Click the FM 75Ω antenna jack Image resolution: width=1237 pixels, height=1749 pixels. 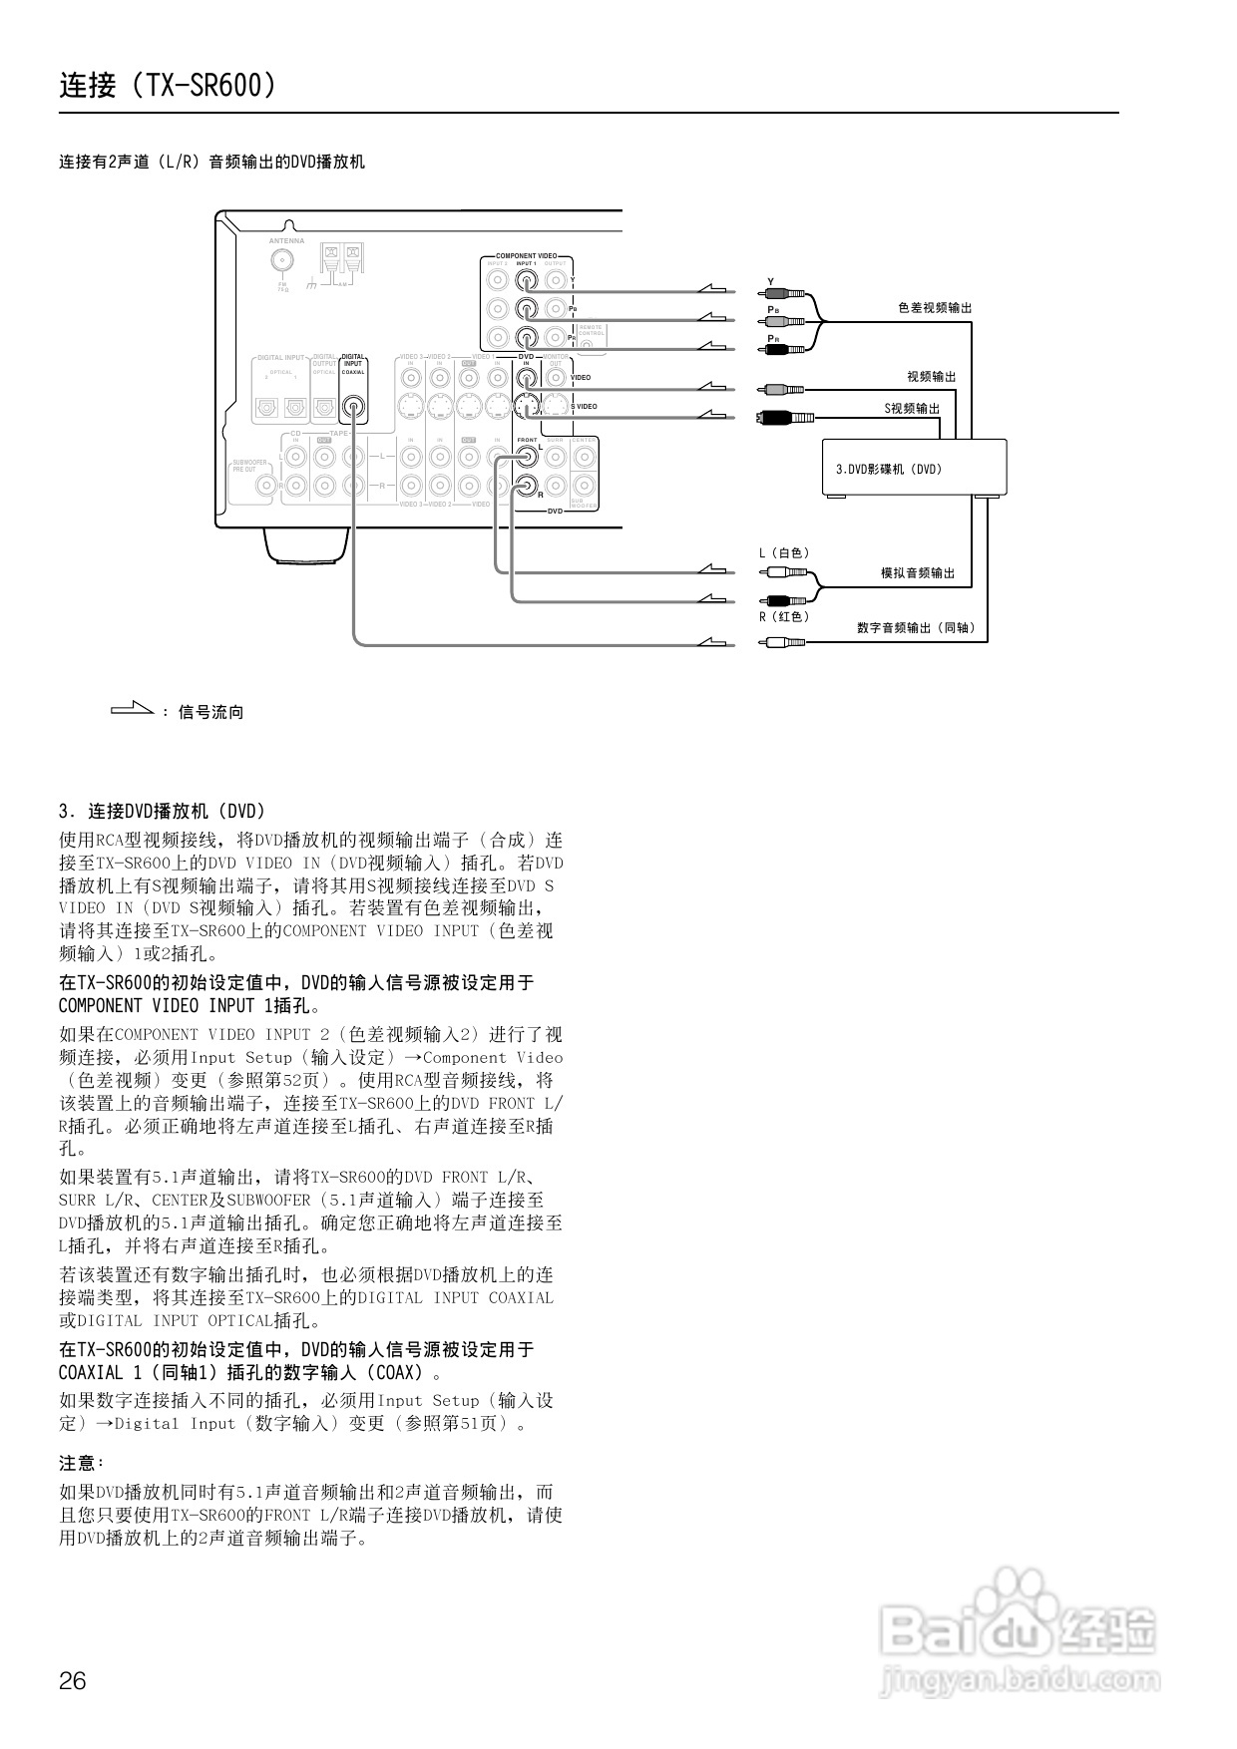(x=283, y=260)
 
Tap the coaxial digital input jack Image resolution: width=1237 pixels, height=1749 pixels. (x=353, y=407)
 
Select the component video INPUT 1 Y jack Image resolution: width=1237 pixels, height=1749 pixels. (x=527, y=280)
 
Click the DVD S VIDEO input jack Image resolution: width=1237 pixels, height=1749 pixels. (x=527, y=406)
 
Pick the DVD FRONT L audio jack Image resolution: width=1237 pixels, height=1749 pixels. (x=527, y=458)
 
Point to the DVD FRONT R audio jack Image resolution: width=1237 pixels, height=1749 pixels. (x=527, y=487)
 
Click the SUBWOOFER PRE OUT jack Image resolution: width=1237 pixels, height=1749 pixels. (x=266, y=486)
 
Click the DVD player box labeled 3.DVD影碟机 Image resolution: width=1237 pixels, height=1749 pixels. (x=914, y=468)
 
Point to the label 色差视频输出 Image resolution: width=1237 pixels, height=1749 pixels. (x=934, y=308)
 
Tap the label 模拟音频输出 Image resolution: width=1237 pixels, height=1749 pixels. (x=917, y=573)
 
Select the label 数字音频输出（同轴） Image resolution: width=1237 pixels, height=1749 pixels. (x=915, y=628)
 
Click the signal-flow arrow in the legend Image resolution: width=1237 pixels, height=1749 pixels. (x=132, y=710)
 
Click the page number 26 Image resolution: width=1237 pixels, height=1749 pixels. (x=73, y=1680)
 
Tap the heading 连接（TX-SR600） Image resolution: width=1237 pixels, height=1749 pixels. (x=168, y=86)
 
